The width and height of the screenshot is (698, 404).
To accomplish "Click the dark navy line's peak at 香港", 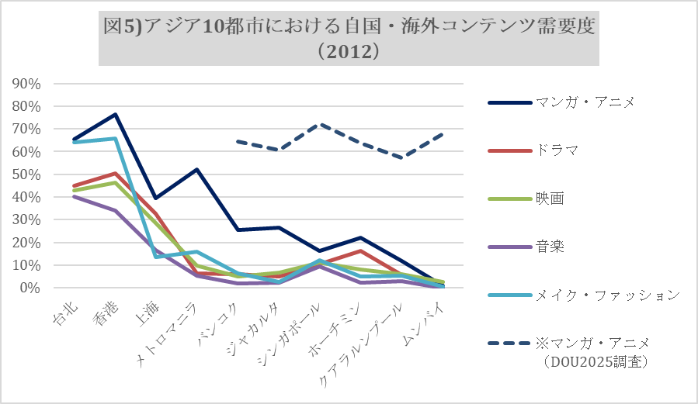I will (x=115, y=115).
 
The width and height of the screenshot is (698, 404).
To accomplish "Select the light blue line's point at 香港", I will (x=115, y=139).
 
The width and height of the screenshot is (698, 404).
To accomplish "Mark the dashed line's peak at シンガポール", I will (x=319, y=124).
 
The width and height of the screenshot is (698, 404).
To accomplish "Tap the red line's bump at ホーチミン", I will (x=359, y=250).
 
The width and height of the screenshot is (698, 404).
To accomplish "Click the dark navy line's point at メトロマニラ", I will (x=196, y=170).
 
